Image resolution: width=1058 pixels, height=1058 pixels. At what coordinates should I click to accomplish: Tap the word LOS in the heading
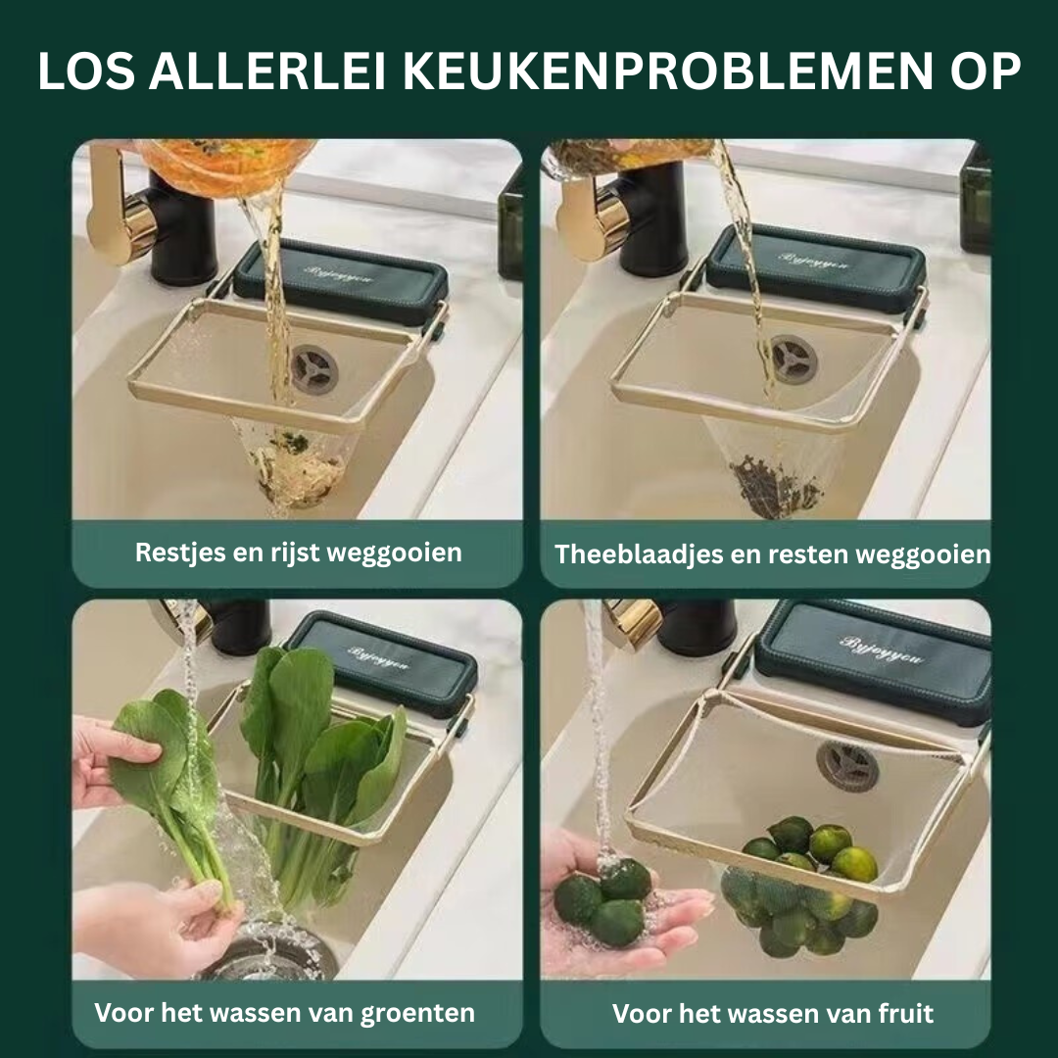[86, 71]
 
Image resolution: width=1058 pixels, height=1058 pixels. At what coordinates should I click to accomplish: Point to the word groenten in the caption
[417, 1014]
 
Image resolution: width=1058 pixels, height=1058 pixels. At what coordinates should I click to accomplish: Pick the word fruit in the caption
[905, 1013]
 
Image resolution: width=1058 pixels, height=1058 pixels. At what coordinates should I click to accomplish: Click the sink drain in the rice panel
[314, 369]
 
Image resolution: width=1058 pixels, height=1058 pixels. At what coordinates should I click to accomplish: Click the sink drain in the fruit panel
[847, 766]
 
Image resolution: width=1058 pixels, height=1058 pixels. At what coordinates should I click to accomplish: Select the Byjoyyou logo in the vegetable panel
[378, 658]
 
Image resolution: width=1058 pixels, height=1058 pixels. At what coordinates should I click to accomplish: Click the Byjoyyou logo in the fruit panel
[882, 649]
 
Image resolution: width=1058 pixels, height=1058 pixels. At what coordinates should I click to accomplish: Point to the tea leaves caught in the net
[776, 487]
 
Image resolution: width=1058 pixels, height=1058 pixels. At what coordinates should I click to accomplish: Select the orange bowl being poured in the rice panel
[226, 166]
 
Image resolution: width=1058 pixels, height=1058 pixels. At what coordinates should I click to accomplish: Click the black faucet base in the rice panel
[181, 229]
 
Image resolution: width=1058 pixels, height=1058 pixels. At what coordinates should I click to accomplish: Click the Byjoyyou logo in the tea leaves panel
[813, 261]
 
